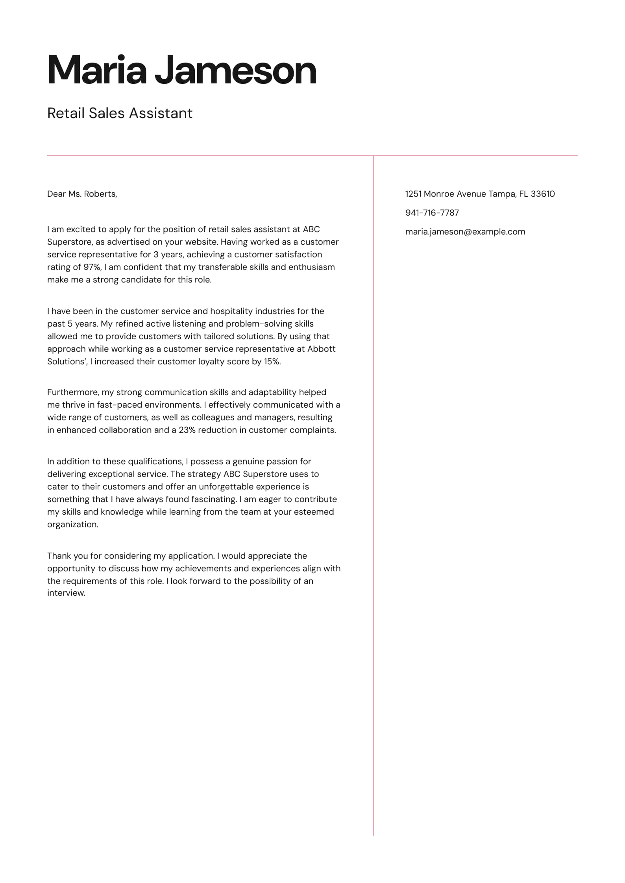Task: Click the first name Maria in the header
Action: point(97,70)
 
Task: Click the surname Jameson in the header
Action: point(235,70)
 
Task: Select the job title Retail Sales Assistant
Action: point(120,113)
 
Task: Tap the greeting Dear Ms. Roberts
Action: point(82,194)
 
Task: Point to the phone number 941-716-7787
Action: point(432,213)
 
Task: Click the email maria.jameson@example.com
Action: point(465,232)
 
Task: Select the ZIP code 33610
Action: point(543,194)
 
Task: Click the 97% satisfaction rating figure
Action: point(92,267)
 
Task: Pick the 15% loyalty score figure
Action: point(272,362)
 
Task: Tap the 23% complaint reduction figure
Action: point(187,430)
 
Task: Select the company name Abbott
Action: point(321,349)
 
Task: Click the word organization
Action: point(72,525)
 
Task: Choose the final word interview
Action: point(66,593)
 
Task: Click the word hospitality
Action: point(231,311)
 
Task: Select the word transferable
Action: point(222,267)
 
